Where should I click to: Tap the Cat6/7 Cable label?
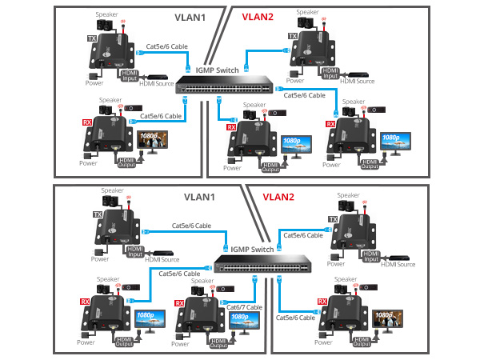pos(245,306)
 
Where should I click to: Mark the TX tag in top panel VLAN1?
pos(91,38)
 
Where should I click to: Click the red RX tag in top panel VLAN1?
pos(87,122)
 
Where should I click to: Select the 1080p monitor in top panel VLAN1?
pos(150,142)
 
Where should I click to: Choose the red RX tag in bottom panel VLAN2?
pos(322,302)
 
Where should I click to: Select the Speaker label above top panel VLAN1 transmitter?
pos(106,14)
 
